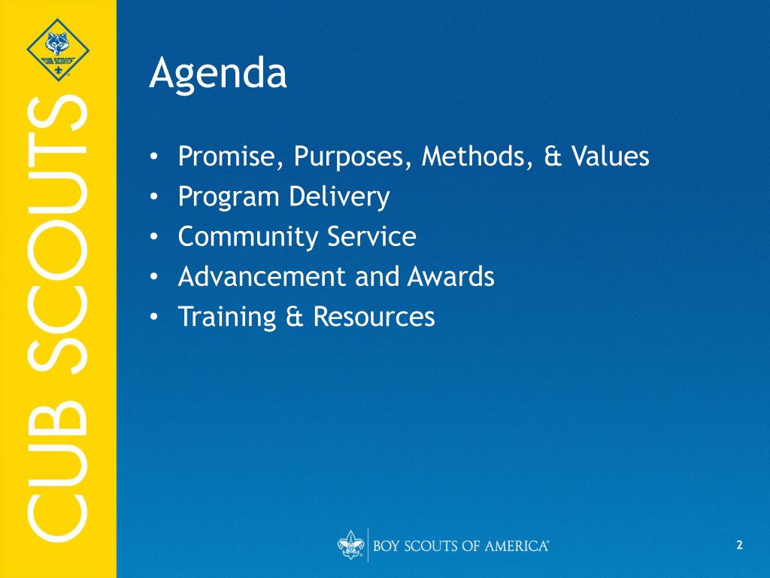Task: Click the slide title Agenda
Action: click(218, 75)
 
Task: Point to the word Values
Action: click(610, 156)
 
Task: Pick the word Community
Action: click(248, 237)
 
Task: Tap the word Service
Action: click(371, 236)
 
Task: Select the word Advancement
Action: click(262, 276)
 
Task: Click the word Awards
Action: click(451, 276)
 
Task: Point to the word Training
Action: click(227, 317)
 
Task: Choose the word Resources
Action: click(374, 317)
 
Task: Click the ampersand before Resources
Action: click(295, 317)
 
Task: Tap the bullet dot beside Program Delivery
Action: click(154, 197)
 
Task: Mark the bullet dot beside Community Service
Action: click(154, 237)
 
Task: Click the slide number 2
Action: click(740, 545)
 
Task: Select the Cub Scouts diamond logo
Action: click(58, 50)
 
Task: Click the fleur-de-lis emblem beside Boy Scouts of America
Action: click(350, 545)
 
